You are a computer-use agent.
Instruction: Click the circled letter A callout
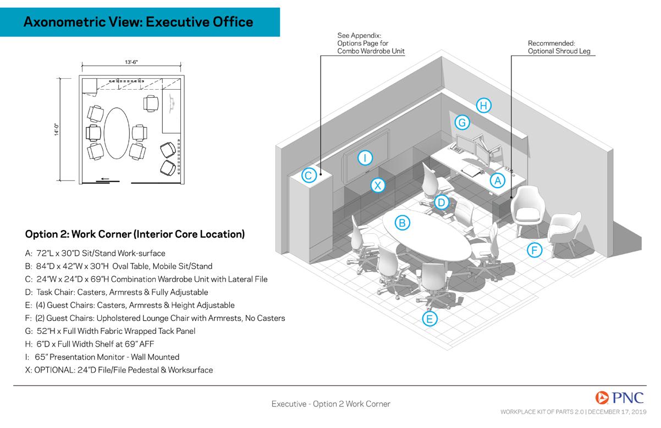(x=497, y=180)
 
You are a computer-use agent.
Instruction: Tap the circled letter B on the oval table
(x=403, y=222)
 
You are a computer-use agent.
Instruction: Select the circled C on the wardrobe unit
(x=309, y=175)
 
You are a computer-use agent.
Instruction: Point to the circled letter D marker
(x=441, y=202)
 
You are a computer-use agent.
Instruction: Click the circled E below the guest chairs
(x=429, y=319)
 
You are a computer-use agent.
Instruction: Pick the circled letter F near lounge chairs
(x=535, y=250)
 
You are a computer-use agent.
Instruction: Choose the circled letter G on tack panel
(x=462, y=122)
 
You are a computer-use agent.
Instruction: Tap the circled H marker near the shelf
(x=483, y=105)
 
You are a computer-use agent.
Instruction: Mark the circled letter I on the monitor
(x=365, y=158)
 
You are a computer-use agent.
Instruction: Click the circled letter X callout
(x=377, y=185)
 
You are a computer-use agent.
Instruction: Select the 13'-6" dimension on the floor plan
(x=131, y=62)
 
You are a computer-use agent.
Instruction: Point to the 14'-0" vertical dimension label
(x=57, y=129)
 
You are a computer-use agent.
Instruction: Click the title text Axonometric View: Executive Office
(x=139, y=22)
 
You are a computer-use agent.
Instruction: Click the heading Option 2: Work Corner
(x=135, y=234)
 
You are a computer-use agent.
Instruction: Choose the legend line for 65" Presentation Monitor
(x=103, y=357)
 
